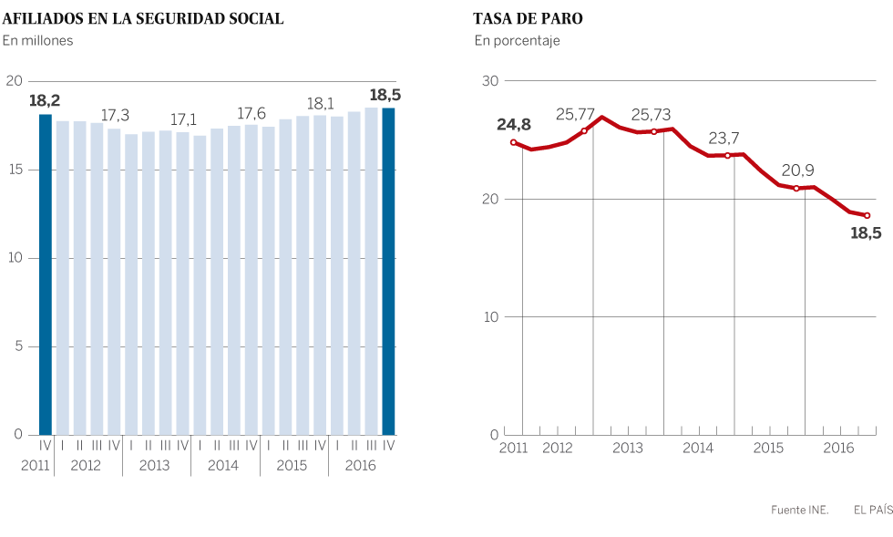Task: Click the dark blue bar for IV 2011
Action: (46, 274)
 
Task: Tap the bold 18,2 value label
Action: (45, 99)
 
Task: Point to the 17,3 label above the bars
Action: (115, 115)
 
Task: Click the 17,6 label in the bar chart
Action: (251, 113)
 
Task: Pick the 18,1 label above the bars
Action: (321, 103)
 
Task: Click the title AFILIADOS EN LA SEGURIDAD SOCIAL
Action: (143, 18)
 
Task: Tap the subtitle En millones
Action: (37, 40)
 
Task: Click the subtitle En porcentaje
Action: (517, 40)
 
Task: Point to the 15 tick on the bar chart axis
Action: (15, 170)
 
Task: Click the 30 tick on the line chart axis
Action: (490, 81)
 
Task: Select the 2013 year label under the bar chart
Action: (155, 465)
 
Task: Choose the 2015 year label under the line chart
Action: (768, 448)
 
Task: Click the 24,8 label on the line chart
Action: (513, 123)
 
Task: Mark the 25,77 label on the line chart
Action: (576, 115)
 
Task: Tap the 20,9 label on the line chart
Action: (798, 170)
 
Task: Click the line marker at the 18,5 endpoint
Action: (867, 215)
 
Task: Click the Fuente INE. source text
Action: (799, 511)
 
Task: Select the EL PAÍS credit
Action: (873, 511)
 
